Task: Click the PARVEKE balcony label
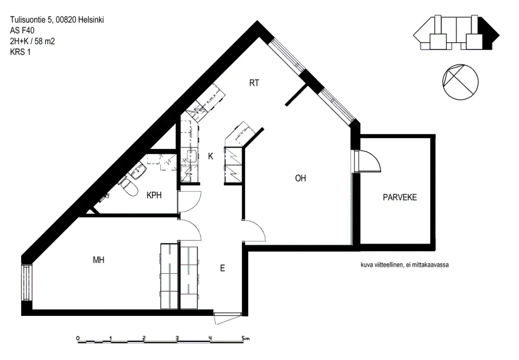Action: click(x=400, y=197)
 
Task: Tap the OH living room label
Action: click(x=301, y=178)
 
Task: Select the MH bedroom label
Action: click(x=99, y=260)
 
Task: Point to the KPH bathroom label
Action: click(x=154, y=195)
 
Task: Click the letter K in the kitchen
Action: click(x=210, y=156)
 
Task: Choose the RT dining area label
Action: click(x=254, y=83)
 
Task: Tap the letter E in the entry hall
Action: click(x=222, y=268)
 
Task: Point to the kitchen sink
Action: click(x=192, y=156)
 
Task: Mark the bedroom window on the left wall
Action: click(x=27, y=283)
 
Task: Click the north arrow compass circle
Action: click(x=460, y=82)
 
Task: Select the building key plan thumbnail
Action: click(x=456, y=33)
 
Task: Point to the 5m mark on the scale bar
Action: click(x=245, y=338)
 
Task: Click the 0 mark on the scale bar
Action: click(x=78, y=338)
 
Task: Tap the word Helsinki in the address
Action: click(x=91, y=20)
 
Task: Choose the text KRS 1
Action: click(x=20, y=52)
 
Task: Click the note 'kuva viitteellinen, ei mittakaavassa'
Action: click(x=404, y=264)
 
